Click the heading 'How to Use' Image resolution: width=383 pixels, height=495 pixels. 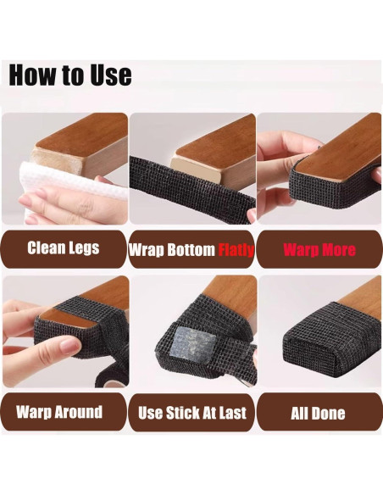(x=69, y=75)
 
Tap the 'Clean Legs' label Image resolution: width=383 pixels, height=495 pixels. (x=64, y=248)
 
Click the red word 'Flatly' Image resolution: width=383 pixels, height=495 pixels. (x=236, y=250)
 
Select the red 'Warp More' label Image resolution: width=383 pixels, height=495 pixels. (x=319, y=250)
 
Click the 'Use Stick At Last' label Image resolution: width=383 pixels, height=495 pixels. (x=192, y=414)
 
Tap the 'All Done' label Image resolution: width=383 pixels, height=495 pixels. (x=319, y=414)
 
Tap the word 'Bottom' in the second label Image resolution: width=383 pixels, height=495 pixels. (x=192, y=250)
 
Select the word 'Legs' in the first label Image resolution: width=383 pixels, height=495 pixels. (x=84, y=248)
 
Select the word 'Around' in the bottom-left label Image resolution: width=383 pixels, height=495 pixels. (x=81, y=413)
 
